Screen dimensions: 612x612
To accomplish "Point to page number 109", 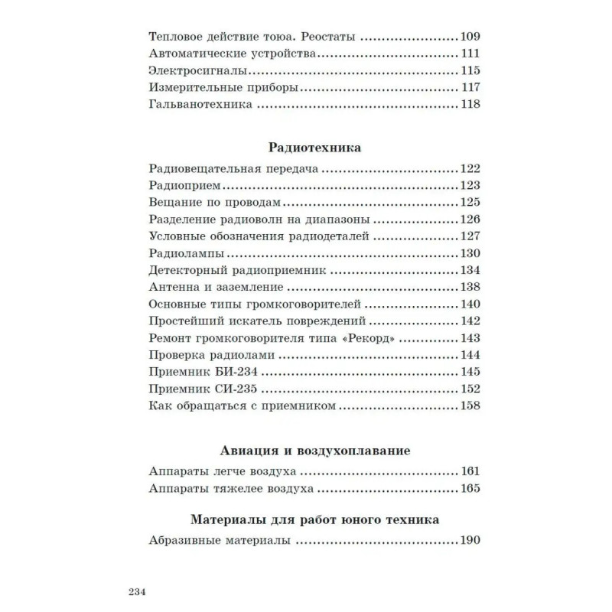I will pos(469,36).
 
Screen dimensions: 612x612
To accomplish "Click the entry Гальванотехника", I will pos(195,105).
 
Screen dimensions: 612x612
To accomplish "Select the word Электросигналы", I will pos(189,70).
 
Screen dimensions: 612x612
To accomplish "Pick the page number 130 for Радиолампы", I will pos(469,253).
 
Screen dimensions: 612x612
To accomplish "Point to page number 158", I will pos(469,405).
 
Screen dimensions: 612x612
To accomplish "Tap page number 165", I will pos(469,489).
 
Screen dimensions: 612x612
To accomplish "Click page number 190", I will pos(469,542).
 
